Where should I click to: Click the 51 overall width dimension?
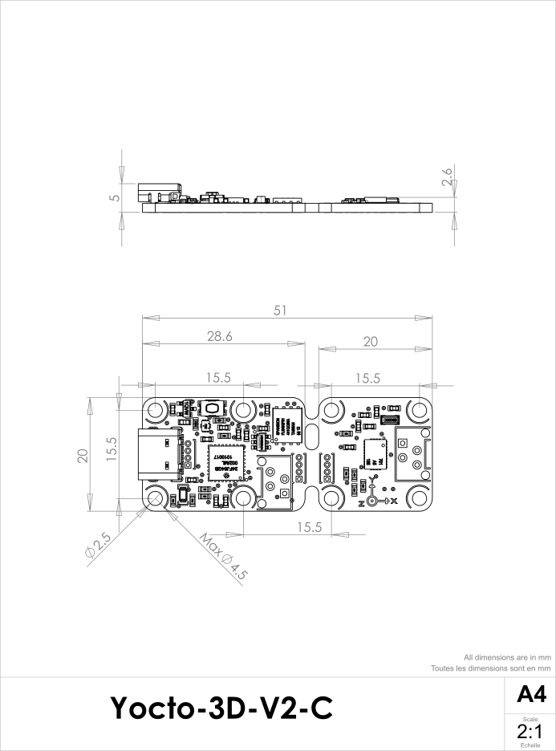coord(280,311)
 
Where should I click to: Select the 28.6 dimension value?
coord(219,337)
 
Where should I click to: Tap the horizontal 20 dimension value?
coord(370,342)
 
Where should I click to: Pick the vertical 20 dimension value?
coord(82,456)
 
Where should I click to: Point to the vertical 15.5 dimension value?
coord(112,448)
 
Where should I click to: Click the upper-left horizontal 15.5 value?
coord(218,378)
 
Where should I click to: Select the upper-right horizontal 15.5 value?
coord(367,378)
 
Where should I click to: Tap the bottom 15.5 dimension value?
coord(309,527)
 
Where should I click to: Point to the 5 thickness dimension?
coord(116,197)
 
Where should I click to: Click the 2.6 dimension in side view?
coord(448,177)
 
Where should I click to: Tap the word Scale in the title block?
coord(530,720)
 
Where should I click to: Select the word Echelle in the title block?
coord(530,745)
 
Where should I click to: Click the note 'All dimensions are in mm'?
coord(507,657)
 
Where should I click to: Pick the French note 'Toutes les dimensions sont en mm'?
coord(490,668)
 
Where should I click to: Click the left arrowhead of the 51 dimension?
coord(149,319)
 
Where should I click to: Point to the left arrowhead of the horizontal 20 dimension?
coord(325,349)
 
